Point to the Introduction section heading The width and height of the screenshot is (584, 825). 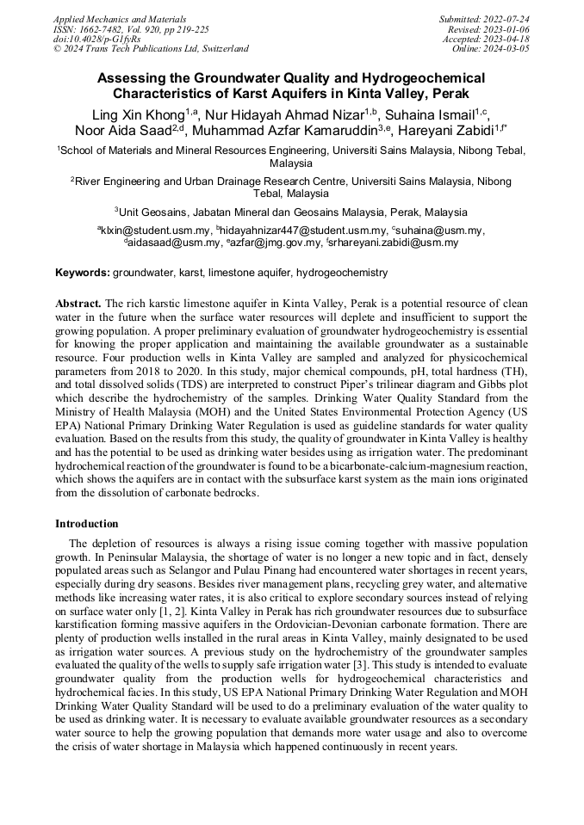87,523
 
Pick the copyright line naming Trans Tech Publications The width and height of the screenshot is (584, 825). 151,49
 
